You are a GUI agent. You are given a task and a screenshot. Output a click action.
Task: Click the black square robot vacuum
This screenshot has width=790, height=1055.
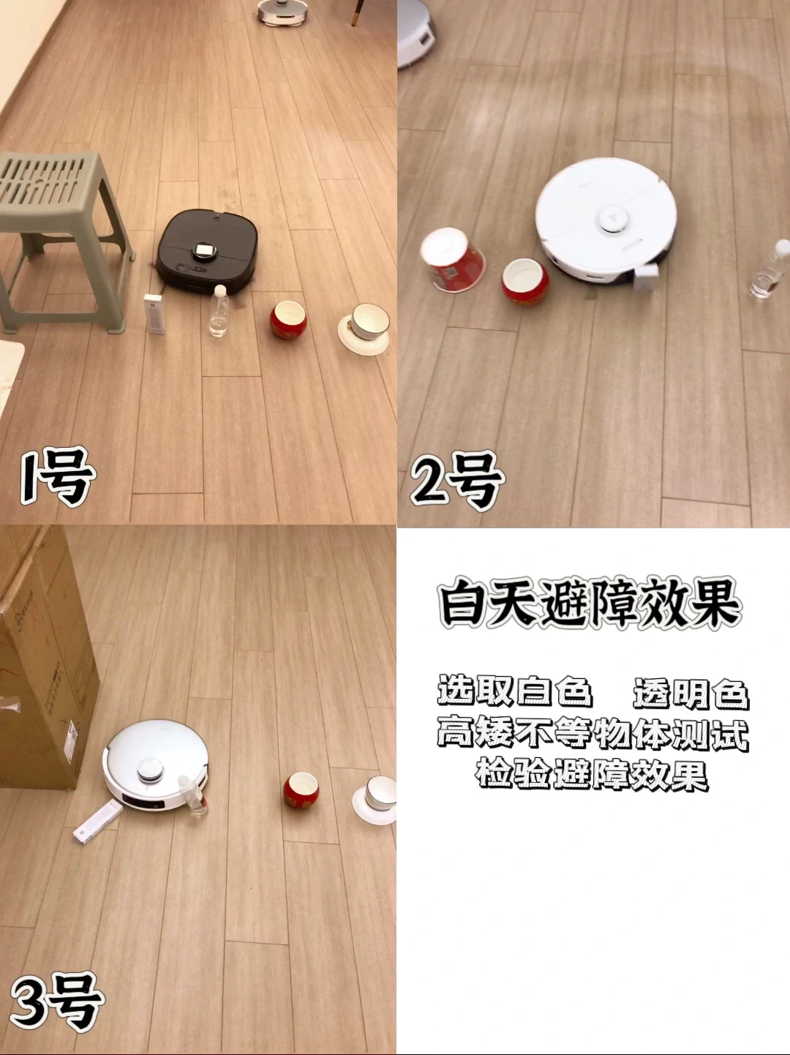206,252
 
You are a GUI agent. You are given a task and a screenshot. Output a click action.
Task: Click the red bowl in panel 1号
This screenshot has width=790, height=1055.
288,320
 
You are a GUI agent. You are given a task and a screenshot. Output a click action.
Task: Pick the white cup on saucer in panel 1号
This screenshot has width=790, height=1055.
364,328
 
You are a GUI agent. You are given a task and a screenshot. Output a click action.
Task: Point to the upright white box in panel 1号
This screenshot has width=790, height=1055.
155,314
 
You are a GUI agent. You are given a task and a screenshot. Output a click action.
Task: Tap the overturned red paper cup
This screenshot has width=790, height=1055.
452,260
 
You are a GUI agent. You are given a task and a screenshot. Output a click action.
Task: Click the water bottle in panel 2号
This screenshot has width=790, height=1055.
770,270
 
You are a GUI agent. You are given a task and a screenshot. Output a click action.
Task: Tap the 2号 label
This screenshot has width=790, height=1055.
457,481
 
